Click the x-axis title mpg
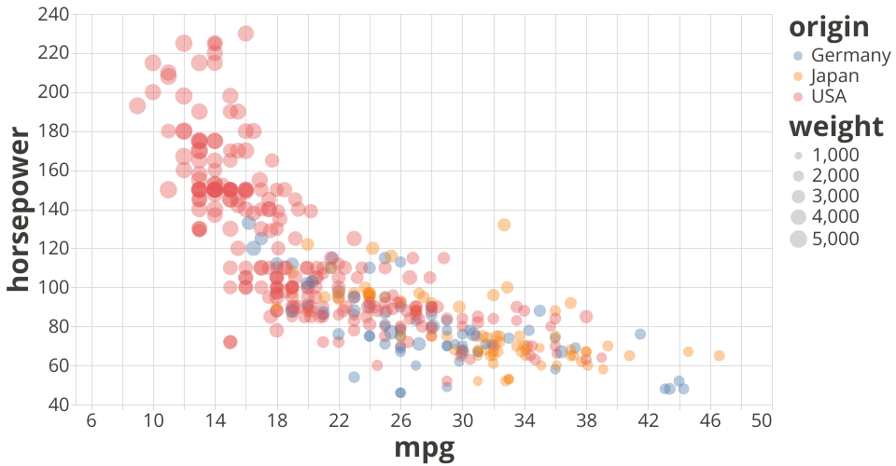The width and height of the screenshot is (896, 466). pos(425,448)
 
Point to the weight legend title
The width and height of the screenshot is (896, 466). pos(835,126)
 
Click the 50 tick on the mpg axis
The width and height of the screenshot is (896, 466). pos(760,420)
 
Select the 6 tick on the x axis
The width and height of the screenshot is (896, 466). pos(91,420)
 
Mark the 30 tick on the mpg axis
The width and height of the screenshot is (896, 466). pos(462,420)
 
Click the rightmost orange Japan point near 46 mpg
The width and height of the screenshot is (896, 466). pos(719,355)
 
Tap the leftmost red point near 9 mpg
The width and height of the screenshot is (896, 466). pos(137,105)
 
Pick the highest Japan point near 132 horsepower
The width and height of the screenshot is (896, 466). pos(504,225)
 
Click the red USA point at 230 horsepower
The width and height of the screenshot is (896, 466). pos(245,34)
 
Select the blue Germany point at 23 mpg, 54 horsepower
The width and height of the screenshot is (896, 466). pos(354,377)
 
